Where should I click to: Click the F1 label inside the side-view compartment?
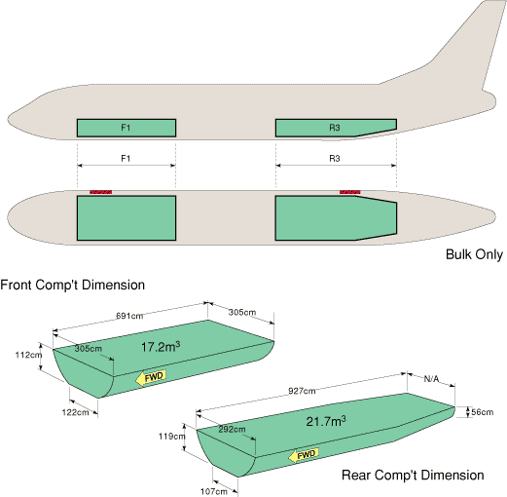(x=126, y=128)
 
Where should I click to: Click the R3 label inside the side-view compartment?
(x=335, y=128)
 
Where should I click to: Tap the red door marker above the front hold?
(x=101, y=192)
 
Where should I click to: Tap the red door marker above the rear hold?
(x=349, y=192)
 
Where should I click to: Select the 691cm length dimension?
(x=129, y=316)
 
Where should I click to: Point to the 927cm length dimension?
(x=302, y=391)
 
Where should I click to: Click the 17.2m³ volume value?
(x=161, y=347)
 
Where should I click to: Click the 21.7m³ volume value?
(x=326, y=421)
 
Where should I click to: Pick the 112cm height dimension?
(x=28, y=355)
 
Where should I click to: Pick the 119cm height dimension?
(x=172, y=437)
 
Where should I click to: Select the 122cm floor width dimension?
(x=75, y=412)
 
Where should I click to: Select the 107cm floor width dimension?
(x=213, y=491)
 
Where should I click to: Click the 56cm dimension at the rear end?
(x=483, y=412)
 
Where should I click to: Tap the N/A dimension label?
(x=431, y=379)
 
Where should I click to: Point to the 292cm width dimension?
(x=232, y=430)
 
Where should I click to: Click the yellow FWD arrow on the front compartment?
(x=151, y=378)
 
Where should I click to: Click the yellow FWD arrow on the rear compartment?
(x=304, y=455)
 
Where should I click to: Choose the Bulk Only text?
(x=474, y=254)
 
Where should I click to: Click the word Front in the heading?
(x=17, y=285)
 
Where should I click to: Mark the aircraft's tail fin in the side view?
(x=470, y=49)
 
